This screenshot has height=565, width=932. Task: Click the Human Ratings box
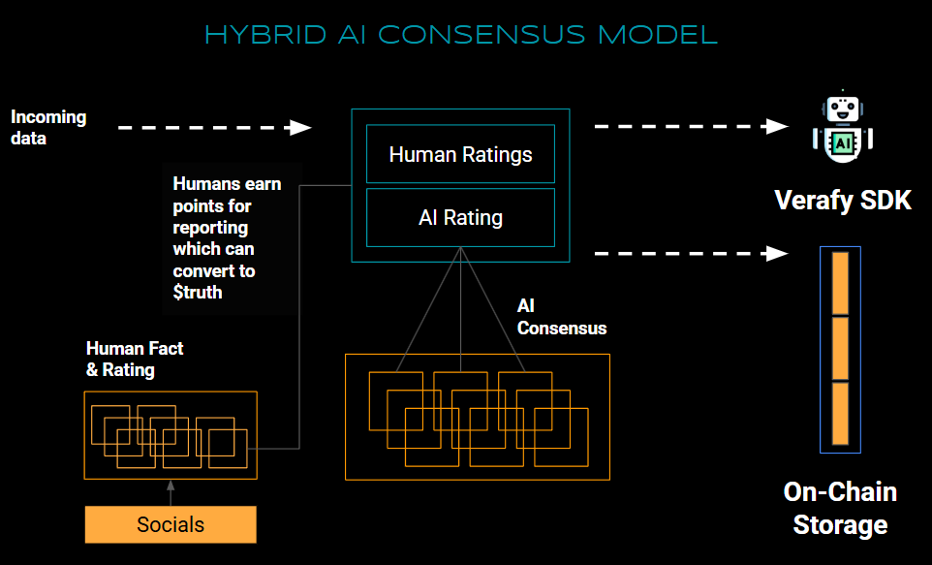point(460,154)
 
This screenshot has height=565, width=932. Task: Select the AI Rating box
point(460,218)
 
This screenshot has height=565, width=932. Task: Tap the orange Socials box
point(171,524)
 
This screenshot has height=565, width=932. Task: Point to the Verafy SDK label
point(843,201)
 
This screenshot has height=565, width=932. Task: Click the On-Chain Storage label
point(840,508)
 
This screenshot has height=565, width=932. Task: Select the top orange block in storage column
point(840,282)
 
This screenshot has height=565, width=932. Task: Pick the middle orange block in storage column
point(840,348)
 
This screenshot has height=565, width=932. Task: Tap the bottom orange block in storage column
point(840,414)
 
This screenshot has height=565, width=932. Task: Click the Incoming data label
point(48,127)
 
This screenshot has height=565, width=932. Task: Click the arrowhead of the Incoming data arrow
point(301,127)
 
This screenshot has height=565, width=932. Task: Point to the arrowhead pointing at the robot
point(777,126)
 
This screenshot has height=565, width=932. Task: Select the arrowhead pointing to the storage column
point(777,254)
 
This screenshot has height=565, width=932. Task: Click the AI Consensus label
point(561,317)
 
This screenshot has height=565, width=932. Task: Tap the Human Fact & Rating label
point(135,359)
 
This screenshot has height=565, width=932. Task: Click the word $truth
point(198,292)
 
